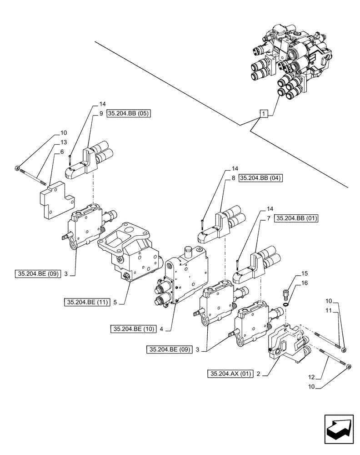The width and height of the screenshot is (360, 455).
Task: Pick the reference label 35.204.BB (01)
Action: [297, 219]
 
